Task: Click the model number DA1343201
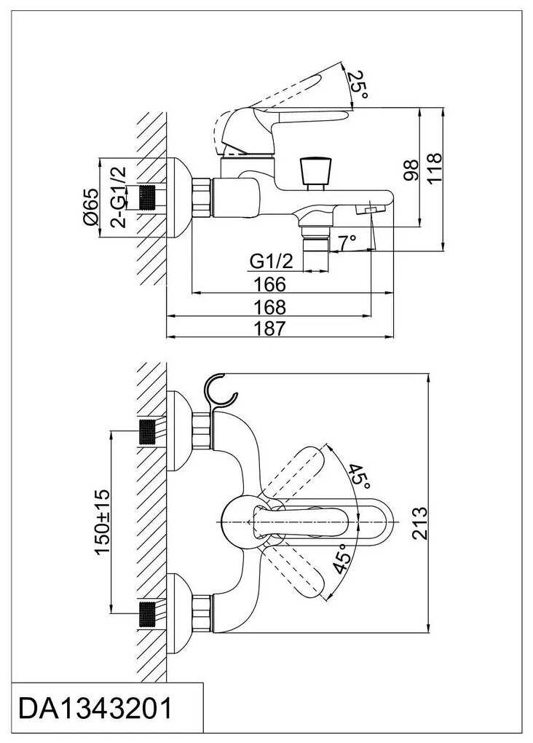pos(95,708)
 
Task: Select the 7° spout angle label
pos(347,240)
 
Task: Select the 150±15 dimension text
pos(101,519)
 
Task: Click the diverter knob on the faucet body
pos(315,171)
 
